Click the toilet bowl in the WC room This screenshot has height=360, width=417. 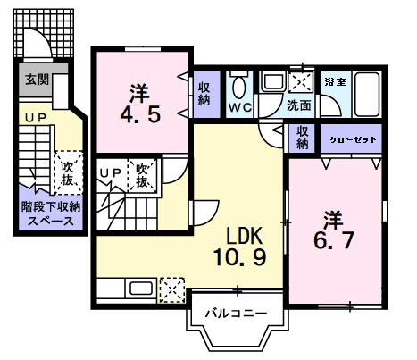(239, 88)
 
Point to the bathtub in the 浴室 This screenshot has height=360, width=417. (366, 91)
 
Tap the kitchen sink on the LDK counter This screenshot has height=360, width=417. (139, 288)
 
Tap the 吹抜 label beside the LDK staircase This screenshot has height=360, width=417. (143, 174)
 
